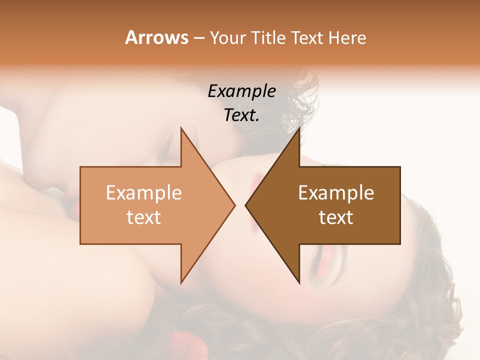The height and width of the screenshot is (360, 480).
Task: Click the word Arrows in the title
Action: coord(156,37)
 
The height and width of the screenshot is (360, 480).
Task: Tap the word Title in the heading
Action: coord(270,38)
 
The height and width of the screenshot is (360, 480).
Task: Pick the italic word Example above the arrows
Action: coord(241,91)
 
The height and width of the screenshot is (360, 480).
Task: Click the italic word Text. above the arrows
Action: coord(241,115)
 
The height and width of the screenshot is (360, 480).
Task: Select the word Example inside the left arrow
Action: coord(144,193)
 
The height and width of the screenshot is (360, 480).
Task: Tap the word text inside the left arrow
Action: coord(144,217)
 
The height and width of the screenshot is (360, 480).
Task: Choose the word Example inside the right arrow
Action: coord(336,193)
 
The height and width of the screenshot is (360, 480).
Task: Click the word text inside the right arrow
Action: coord(336,217)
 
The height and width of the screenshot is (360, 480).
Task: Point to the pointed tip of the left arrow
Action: coord(235,205)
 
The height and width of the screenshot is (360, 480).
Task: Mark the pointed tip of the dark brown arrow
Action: coord(245,205)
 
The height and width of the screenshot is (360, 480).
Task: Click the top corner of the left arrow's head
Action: coord(181,127)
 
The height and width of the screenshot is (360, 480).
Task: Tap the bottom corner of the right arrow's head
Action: coord(299,283)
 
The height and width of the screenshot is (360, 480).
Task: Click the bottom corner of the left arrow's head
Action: coord(181,283)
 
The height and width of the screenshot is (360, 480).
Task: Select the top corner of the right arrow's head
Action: coord(299,127)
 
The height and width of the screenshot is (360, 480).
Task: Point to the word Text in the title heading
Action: coord(307,38)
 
